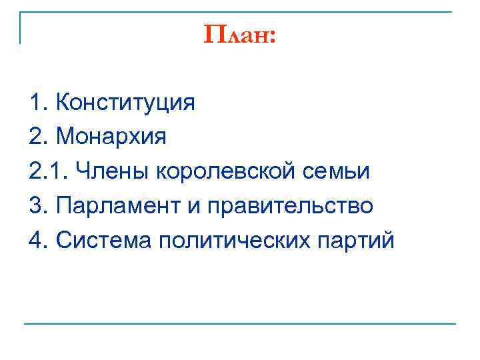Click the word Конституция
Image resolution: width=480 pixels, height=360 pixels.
click(126, 103)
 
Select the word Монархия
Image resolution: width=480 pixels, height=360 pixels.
click(112, 137)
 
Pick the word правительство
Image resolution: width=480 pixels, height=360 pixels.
click(295, 206)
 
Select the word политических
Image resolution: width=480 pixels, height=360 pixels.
click(230, 241)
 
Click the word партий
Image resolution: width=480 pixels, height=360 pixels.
click(351, 241)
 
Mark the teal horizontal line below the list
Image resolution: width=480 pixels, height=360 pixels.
click(240, 325)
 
